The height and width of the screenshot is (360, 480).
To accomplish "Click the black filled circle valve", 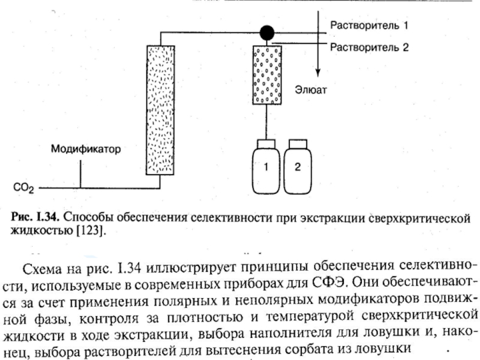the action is tap(267, 32).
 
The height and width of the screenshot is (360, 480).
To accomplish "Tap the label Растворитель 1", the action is tap(369, 25).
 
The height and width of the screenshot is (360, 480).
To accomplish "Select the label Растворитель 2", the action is tap(369, 47).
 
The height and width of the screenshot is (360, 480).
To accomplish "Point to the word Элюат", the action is tap(311, 90).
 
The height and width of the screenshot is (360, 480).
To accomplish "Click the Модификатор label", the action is tap(86, 149).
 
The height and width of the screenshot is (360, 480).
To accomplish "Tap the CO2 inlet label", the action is tap(23, 188).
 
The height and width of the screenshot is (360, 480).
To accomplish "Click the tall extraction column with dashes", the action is tap(160, 110).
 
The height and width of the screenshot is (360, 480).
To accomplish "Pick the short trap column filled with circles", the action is tap(267, 75).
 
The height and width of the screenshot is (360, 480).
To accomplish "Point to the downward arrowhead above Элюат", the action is tap(318, 73).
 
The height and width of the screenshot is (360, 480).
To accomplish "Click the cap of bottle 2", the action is tap(298, 144).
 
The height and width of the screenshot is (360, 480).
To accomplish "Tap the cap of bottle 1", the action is tap(266, 144).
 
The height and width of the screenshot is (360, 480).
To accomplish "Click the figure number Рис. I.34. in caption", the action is tap(35, 217).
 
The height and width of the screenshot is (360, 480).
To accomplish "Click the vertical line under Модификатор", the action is tap(80, 174).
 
